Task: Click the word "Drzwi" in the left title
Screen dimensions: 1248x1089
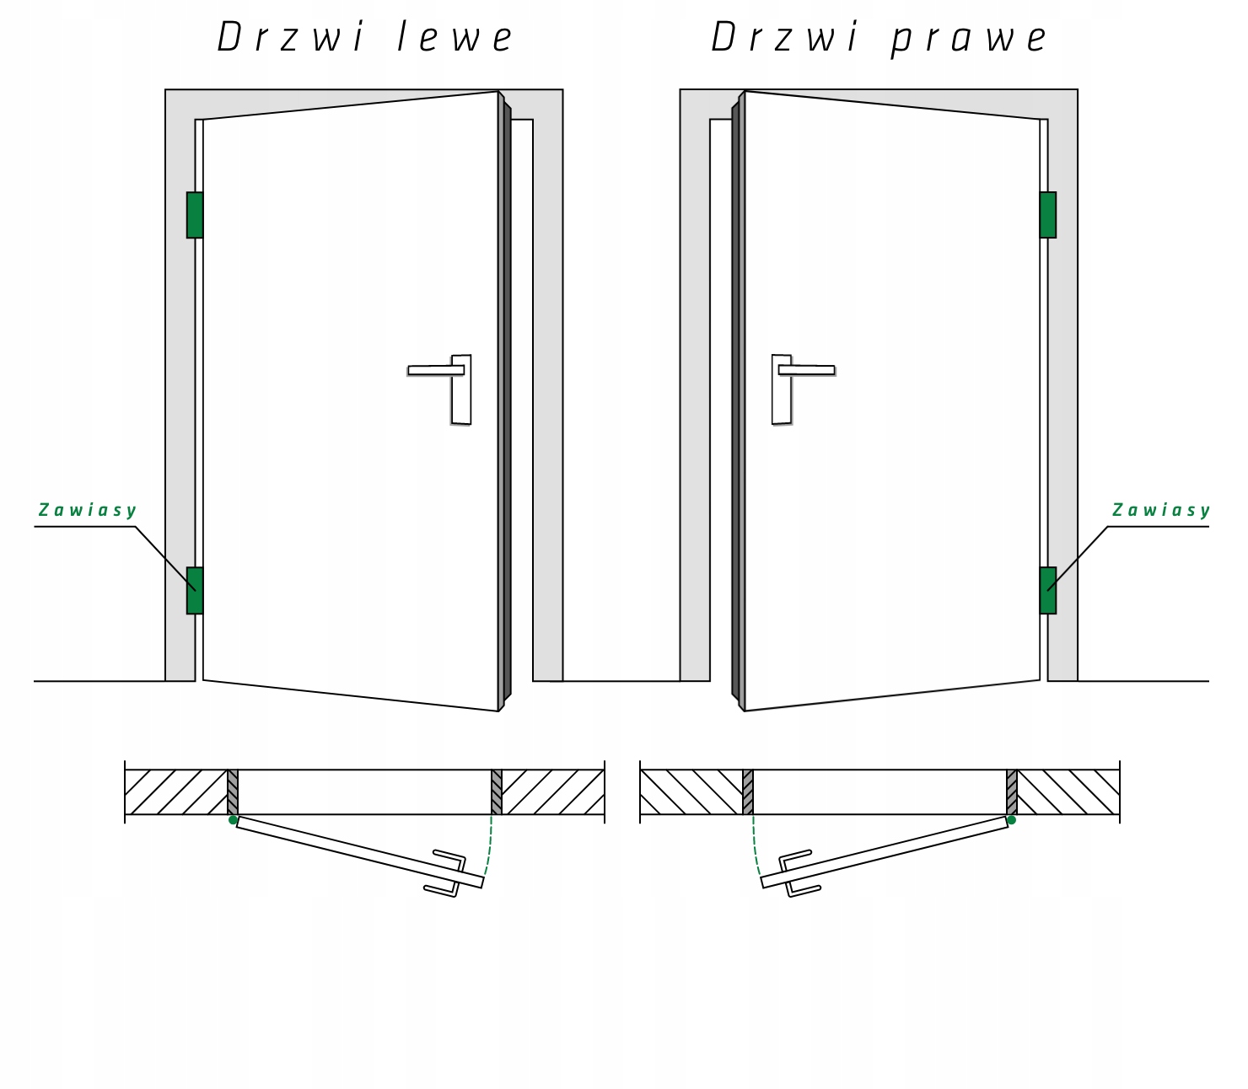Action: (291, 38)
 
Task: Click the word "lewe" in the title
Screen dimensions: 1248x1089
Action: (455, 38)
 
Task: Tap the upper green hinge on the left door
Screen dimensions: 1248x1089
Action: (195, 215)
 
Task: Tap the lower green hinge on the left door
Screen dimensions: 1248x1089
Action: (195, 590)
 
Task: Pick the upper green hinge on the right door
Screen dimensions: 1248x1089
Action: (1048, 215)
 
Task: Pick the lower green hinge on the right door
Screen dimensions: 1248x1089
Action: (1048, 590)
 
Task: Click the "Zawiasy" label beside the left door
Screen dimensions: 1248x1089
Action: (88, 510)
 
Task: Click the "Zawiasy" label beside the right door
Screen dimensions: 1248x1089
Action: (1161, 510)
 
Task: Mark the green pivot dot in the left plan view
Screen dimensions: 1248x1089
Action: (234, 819)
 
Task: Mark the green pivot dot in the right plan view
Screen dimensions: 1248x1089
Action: (1012, 819)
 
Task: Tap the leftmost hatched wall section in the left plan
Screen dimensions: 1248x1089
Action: (175, 792)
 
